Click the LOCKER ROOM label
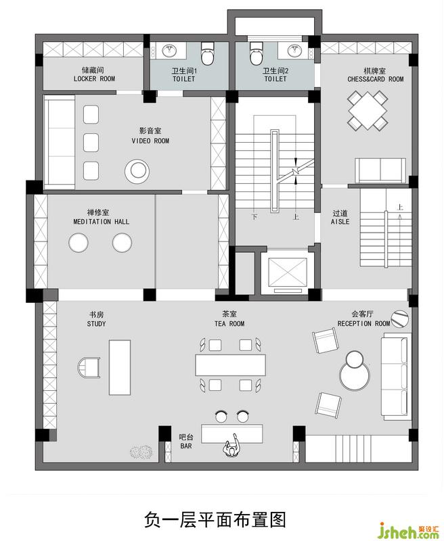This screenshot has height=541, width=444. pyautogui.click(x=94, y=78)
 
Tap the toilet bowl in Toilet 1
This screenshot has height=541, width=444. pyautogui.click(x=208, y=53)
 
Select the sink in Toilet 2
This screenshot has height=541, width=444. pyautogui.click(x=295, y=51)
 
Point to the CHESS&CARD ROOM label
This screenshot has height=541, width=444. pyautogui.click(x=375, y=79)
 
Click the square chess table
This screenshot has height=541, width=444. pyautogui.click(x=368, y=110)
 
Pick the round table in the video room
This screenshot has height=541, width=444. pyautogui.click(x=137, y=171)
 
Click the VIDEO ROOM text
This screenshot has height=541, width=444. pyautogui.click(x=150, y=141)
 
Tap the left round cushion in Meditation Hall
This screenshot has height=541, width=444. pyautogui.click(x=79, y=243)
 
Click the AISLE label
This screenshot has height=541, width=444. pyautogui.click(x=340, y=222)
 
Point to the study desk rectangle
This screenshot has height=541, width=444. pyautogui.click(x=120, y=367)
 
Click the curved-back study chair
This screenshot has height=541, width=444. pyautogui.click(x=89, y=367)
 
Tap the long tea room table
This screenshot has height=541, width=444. pyautogui.click(x=230, y=364)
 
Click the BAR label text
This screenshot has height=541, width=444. pyautogui.click(x=185, y=446)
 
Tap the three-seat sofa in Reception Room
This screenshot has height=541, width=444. pyautogui.click(x=397, y=377)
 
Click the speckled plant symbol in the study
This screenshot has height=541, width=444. pyautogui.click(x=141, y=452)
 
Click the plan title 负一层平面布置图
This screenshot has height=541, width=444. pyautogui.click(x=215, y=519)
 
